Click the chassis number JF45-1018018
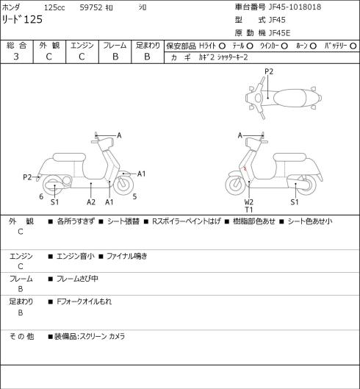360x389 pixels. (295, 7)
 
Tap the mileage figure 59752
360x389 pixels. (91, 7)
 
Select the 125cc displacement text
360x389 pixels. (54, 7)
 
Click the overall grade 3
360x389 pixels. (16, 57)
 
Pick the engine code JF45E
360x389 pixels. (280, 33)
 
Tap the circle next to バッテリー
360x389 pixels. (353, 46)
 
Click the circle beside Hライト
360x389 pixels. (222, 46)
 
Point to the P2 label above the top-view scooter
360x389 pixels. (269, 71)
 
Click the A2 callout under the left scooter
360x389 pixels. (91, 202)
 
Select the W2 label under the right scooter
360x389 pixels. (248, 202)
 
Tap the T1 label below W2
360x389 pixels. (248, 210)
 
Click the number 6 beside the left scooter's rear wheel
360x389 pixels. (41, 196)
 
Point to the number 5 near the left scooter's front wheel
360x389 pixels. (134, 196)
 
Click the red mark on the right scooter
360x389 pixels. (245, 168)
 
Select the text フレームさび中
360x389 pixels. (77, 279)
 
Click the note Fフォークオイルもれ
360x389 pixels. (84, 301)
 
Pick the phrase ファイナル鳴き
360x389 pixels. (127, 256)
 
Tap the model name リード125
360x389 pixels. (22, 19)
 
